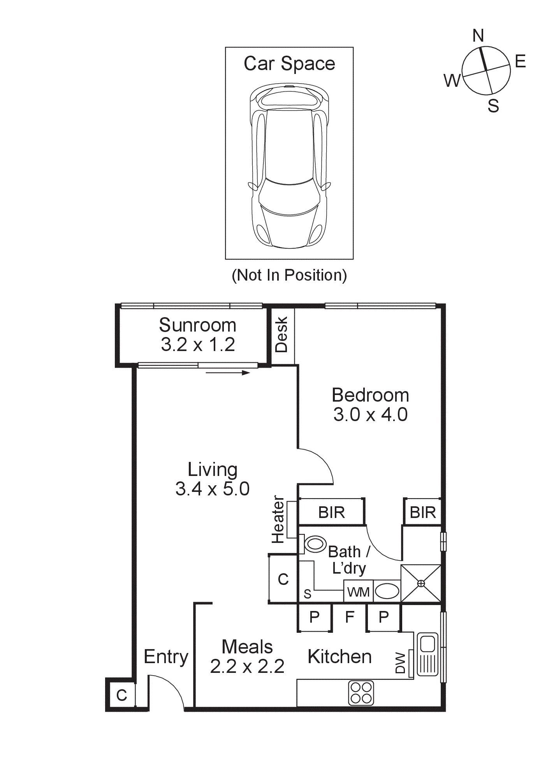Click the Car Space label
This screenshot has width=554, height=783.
[x=289, y=63]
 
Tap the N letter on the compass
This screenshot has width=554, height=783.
[x=478, y=36]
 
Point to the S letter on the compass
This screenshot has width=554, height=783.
[x=493, y=106]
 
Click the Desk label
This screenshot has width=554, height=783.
[x=281, y=335]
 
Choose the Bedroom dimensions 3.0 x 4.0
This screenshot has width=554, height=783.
[x=370, y=415]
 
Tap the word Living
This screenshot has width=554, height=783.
[x=213, y=470]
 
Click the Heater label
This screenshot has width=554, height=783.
[x=278, y=519]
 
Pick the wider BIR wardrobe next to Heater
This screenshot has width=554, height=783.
[x=331, y=513]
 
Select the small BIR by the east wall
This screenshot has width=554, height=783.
[x=423, y=513]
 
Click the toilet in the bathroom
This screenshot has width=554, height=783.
[x=315, y=544]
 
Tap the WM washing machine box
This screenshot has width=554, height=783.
[x=358, y=592]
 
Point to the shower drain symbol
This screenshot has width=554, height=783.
[x=421, y=583]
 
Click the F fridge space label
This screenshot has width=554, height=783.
[x=350, y=617]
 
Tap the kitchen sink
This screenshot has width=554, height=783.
[x=427, y=654]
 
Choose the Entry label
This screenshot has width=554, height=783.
[x=166, y=657]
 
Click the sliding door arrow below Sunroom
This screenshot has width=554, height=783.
[x=228, y=373]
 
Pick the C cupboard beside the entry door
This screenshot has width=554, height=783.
[x=121, y=695]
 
